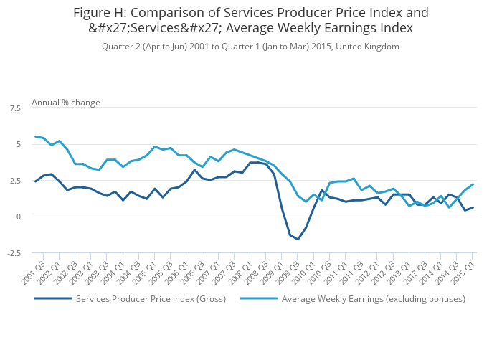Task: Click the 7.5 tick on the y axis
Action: [15, 108]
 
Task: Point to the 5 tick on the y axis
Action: [18, 144]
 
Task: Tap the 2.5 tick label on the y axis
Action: [15, 181]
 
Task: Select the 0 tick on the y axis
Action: [18, 217]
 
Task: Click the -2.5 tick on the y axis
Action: [14, 253]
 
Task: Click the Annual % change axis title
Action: [66, 103]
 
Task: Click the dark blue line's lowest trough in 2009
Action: [298, 239]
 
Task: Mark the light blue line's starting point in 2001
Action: [35, 136]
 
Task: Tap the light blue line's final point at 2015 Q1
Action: [473, 184]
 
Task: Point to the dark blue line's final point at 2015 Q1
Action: [473, 207]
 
